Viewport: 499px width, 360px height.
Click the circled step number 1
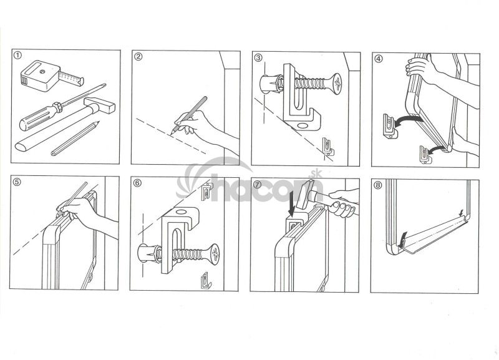pos(18,56)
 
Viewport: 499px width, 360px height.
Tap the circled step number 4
pos(378,59)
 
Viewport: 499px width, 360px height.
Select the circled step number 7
pos(258,184)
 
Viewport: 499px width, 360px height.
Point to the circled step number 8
pos(377,185)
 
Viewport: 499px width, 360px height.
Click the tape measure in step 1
pos(51,75)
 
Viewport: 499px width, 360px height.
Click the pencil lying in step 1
pos(75,138)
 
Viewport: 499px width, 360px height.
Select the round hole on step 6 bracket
pos(182,212)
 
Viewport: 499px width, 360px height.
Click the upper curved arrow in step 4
pos(409,120)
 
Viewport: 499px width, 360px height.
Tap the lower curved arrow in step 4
pos(437,150)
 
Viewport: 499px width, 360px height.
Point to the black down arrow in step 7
pos(291,205)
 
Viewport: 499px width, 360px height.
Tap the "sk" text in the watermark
pos(316,174)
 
